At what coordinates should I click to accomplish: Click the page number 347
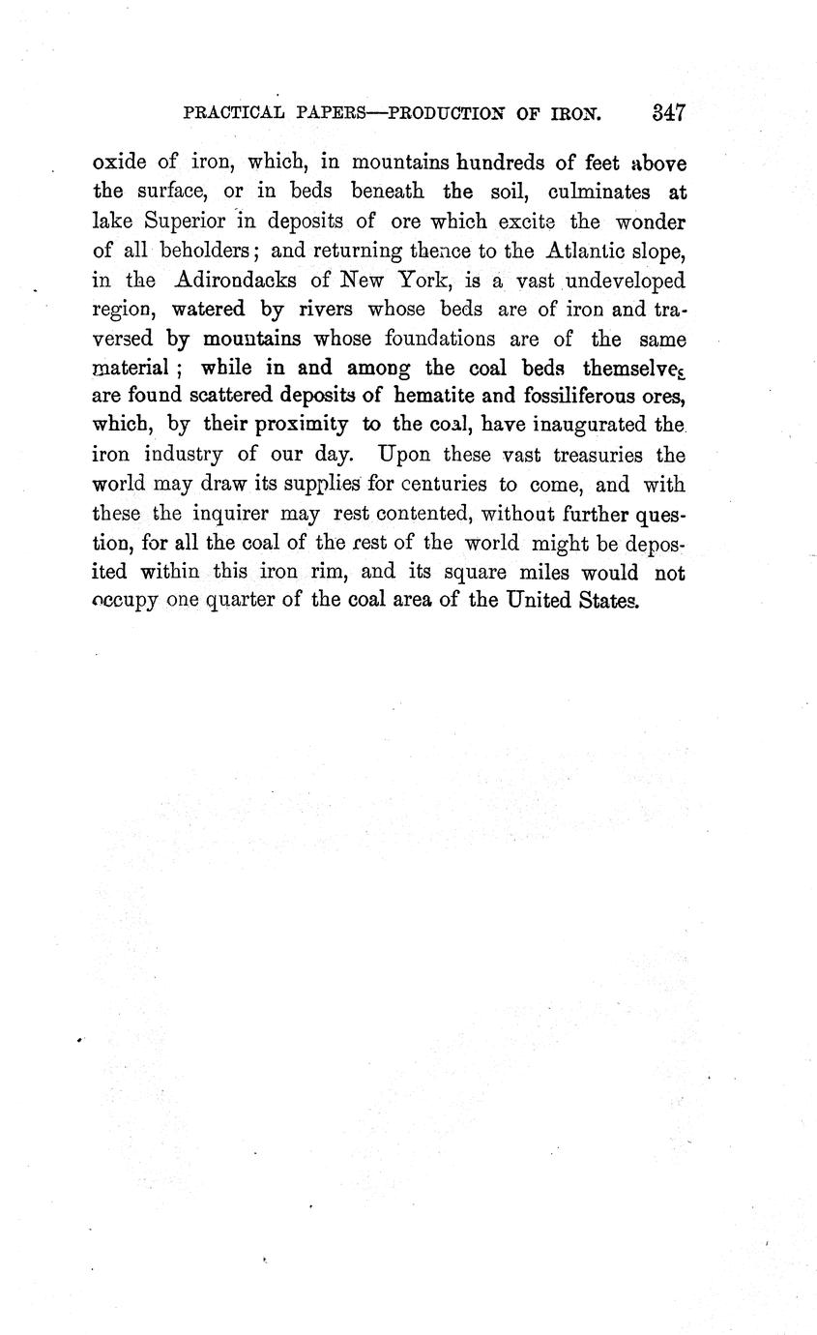[668, 112]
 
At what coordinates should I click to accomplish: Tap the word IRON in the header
[578, 113]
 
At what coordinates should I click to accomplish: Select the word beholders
[205, 252]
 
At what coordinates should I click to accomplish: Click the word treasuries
[591, 454]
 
